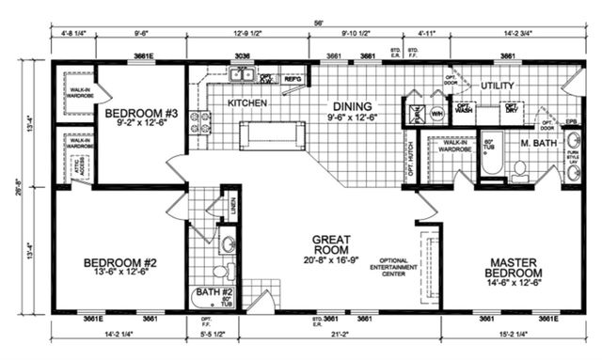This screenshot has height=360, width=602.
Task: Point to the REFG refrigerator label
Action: click(293, 80)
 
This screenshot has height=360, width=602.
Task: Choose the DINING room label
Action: click(349, 107)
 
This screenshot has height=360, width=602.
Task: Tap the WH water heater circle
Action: click(436, 113)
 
